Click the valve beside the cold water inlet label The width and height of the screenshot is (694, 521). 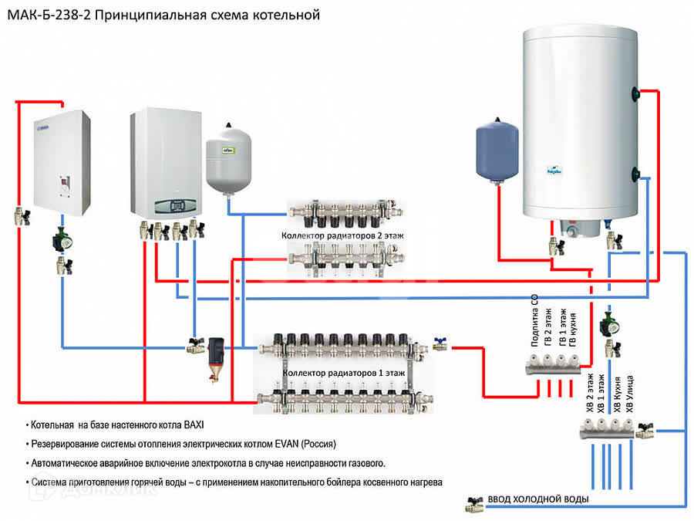click(473, 504)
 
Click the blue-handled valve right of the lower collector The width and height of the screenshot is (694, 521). click(441, 343)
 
